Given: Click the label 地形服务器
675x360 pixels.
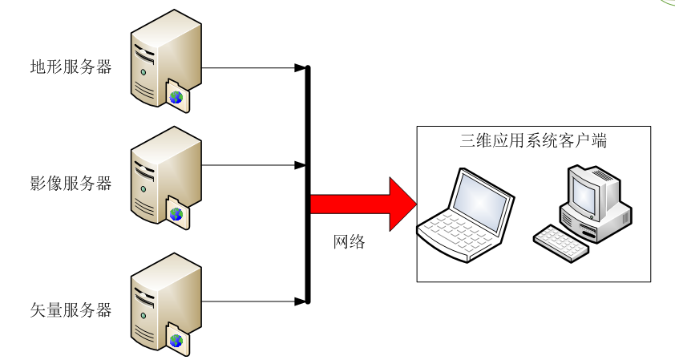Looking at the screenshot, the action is (x=71, y=67).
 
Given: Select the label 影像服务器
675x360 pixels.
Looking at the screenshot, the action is (x=71, y=184).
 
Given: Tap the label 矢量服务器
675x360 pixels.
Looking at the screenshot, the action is (x=71, y=310).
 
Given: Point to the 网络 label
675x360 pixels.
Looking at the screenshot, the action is (x=349, y=241).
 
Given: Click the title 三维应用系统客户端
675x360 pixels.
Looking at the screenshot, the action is (x=533, y=141).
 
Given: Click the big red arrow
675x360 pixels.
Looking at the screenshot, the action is (x=364, y=204).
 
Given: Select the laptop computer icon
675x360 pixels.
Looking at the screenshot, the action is (x=466, y=216).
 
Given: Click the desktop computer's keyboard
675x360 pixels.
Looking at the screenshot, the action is (x=561, y=243).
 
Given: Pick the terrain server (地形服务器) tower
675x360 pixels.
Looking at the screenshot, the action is (x=166, y=60).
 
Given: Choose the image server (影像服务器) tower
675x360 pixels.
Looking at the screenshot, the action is (x=166, y=177).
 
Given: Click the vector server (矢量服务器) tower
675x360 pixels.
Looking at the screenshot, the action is (x=166, y=304).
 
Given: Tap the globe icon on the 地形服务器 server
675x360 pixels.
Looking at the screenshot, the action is (x=176, y=98).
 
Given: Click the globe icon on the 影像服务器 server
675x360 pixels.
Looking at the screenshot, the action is (x=176, y=214).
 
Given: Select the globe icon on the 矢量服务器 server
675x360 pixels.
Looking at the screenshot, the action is (x=176, y=341).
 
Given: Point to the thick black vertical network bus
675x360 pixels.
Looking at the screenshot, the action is (x=308, y=184).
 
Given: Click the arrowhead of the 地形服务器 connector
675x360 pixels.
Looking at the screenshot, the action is (x=300, y=67).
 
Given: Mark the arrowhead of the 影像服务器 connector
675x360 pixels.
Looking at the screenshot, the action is (x=300, y=165).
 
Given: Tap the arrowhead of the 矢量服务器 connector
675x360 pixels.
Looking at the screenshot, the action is (x=300, y=301).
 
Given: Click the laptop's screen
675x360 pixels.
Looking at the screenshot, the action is (x=481, y=198).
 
